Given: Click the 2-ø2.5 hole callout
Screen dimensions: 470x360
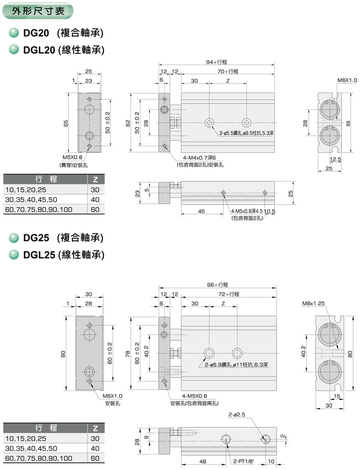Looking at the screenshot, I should click(x=237, y=414).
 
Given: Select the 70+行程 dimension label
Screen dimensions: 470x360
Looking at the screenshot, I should click(x=228, y=71).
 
